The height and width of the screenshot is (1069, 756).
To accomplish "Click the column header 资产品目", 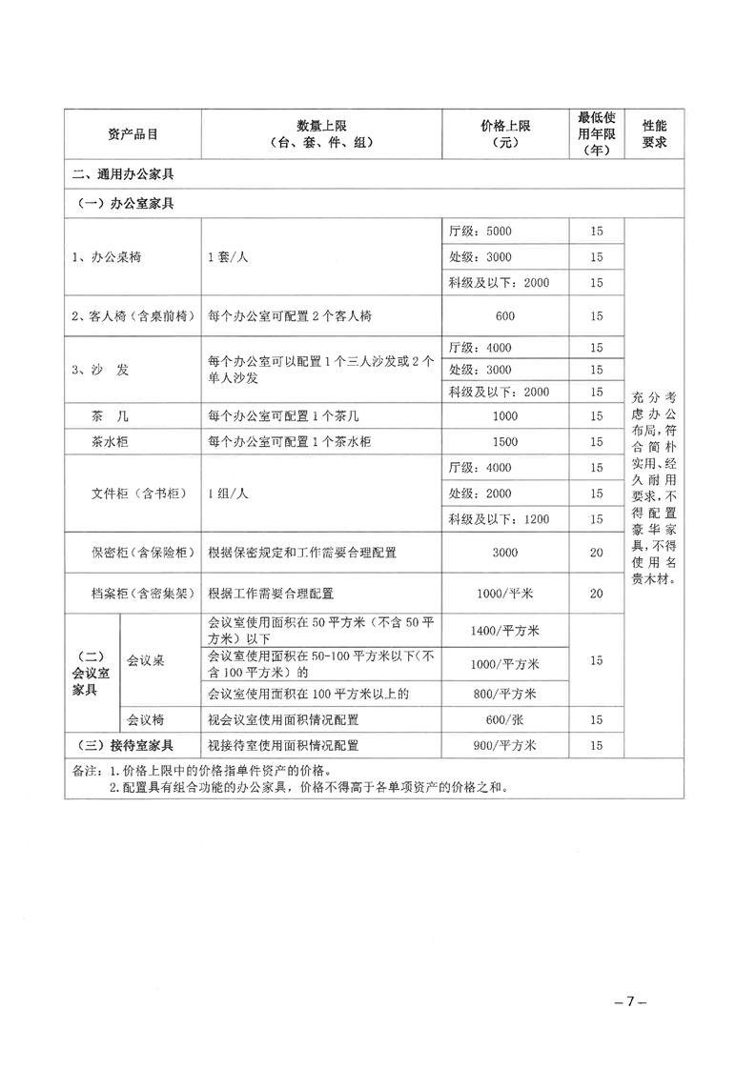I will point(133,134).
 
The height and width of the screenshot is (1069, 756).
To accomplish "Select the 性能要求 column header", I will point(654,134).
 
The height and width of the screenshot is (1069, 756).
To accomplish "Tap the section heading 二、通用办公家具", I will point(121,175).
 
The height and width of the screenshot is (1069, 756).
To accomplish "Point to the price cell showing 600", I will point(505,315).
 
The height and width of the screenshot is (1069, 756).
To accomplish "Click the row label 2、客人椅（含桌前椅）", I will point(133,315).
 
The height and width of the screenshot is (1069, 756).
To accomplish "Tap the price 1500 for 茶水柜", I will point(505,442).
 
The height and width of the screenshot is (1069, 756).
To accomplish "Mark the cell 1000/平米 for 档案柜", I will point(505,594).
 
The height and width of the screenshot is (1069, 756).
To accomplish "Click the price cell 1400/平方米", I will point(505,630).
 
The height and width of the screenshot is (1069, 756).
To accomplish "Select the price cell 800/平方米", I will point(505,694).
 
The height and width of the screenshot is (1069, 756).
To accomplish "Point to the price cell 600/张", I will point(505,719).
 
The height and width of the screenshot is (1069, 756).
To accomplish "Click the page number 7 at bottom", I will point(630,1002).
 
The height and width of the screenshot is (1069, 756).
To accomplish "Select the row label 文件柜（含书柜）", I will point(133,494).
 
